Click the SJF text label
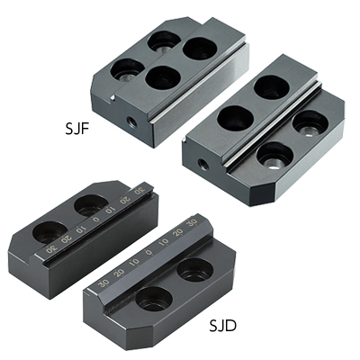pyautogui.click(x=77, y=129)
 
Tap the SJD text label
pyautogui.click(x=223, y=325)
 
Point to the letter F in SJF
pyautogui.click(x=85, y=129)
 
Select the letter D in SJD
pyautogui.click(x=231, y=325)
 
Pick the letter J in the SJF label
pyautogui.click(x=77, y=129)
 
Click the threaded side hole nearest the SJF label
pyautogui.click(x=131, y=121)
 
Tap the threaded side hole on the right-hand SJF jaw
pyautogui.click(x=203, y=165)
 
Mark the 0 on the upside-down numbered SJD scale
pyautogui.click(x=96, y=219)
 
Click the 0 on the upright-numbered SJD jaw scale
pyautogui.click(x=149, y=253)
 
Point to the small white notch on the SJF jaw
pyautogui.click(x=112, y=97)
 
